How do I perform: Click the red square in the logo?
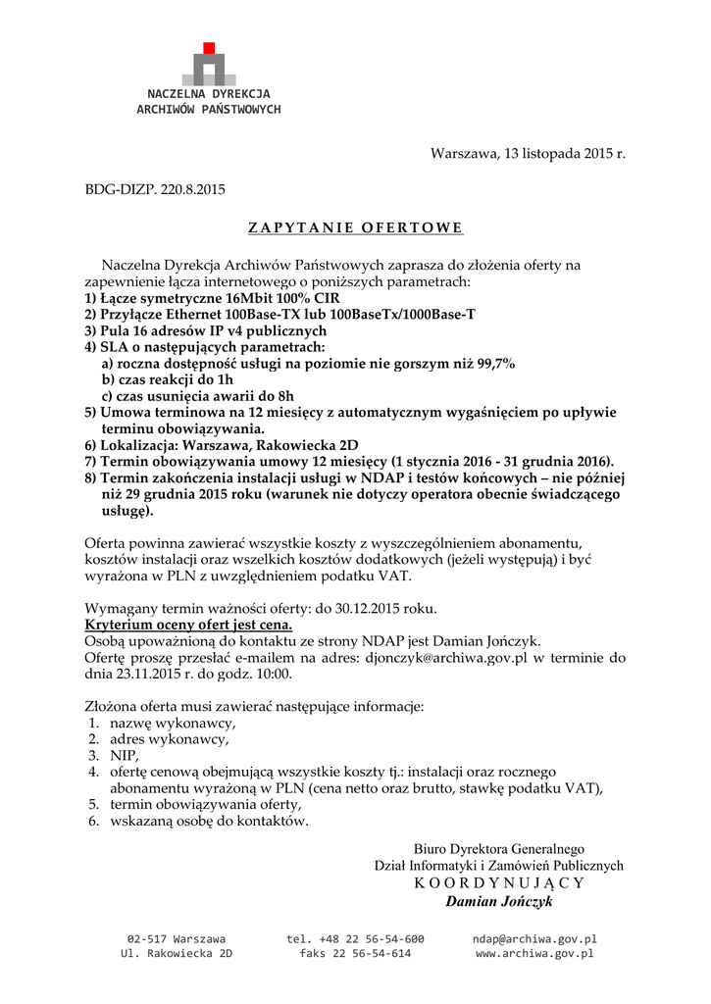[x=208, y=48]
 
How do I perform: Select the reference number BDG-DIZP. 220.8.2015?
[x=154, y=189]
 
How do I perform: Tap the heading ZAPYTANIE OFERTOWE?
[x=355, y=228]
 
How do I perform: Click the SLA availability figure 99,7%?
[x=494, y=363]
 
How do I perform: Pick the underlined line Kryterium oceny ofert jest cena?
[x=188, y=625]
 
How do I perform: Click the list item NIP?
[x=124, y=756]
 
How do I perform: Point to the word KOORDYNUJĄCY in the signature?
[x=499, y=882]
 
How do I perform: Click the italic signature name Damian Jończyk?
[x=499, y=901]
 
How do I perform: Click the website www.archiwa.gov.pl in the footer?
[x=534, y=953]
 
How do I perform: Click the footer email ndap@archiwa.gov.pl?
[x=534, y=938]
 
